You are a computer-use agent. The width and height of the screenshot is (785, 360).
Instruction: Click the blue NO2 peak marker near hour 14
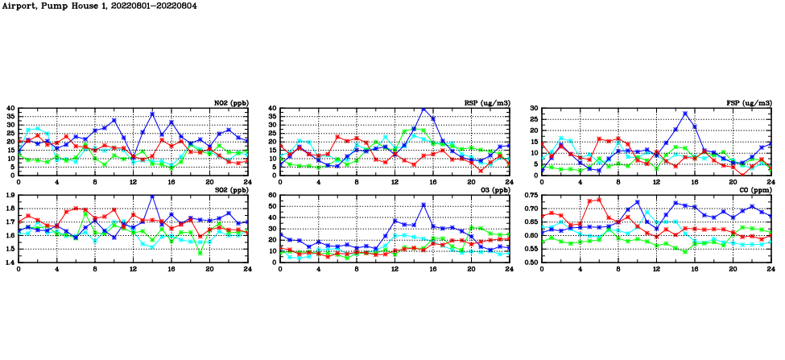[152, 114]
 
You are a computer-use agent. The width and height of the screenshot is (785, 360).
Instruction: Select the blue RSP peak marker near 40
[423, 108]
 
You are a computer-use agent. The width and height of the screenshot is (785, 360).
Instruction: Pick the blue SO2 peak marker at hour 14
[152, 197]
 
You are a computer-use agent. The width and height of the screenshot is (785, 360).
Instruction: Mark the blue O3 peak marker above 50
[423, 205]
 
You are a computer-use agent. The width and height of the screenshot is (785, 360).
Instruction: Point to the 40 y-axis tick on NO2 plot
[11, 108]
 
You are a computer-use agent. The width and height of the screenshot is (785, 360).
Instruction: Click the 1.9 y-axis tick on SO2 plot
[10, 196]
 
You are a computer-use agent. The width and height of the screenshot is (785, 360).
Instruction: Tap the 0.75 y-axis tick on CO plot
[530, 196]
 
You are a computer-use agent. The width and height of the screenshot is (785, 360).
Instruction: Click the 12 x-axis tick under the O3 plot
[395, 268]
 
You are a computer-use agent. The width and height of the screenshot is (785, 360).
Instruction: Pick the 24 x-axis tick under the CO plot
[771, 268]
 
